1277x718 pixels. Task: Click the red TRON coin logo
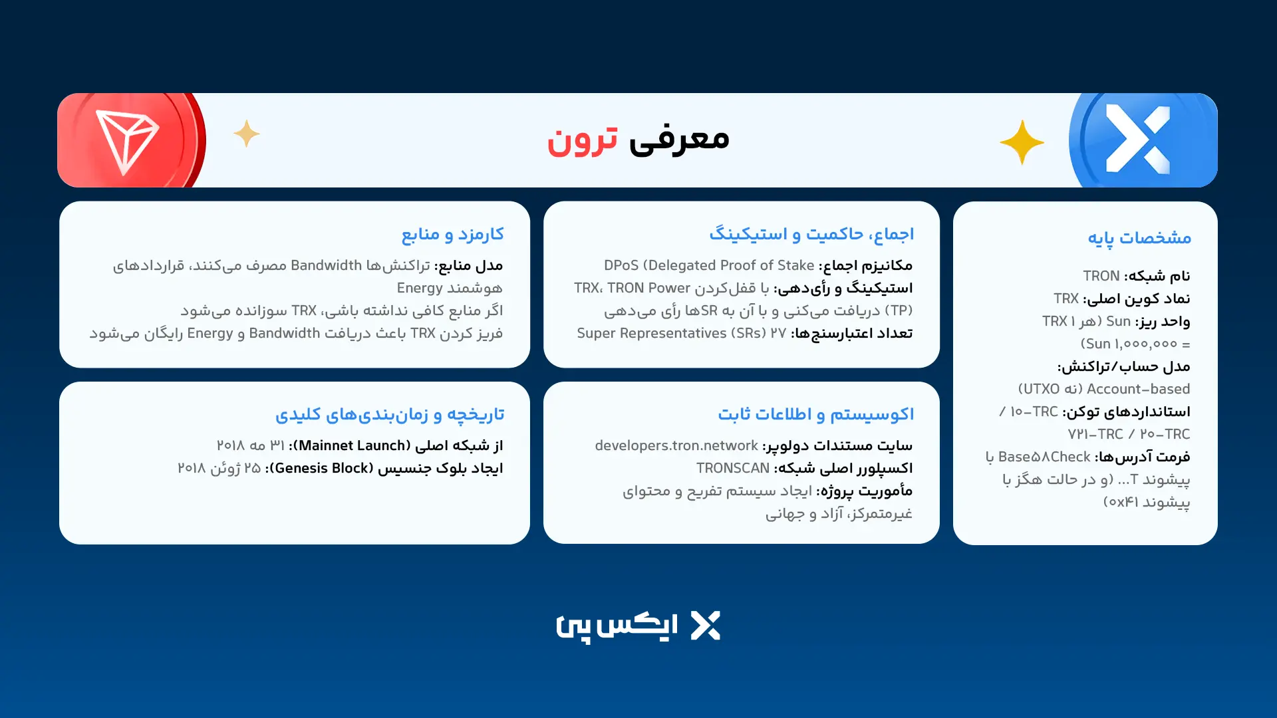coord(130,141)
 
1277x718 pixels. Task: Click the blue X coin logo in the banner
coord(1139,140)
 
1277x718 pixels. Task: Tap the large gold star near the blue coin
coord(1022,142)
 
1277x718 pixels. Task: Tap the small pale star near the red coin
coord(247,134)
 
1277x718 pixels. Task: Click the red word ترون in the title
coord(582,140)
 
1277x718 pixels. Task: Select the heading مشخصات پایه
coord(1139,238)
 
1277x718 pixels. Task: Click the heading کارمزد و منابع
coord(452,234)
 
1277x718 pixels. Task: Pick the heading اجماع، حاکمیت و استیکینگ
coord(811,234)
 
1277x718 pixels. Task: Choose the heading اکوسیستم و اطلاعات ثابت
coord(815,414)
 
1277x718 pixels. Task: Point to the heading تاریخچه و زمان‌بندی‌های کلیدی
coord(390,414)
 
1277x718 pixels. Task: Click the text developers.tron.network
coord(676,445)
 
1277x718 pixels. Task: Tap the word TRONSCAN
coord(733,468)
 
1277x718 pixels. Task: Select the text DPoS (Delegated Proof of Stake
coord(709,265)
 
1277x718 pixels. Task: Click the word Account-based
coord(1138,389)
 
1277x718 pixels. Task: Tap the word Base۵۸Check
coord(1044,457)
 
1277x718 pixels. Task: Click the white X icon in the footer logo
coord(705,626)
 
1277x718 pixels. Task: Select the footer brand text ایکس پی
coord(617,626)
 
